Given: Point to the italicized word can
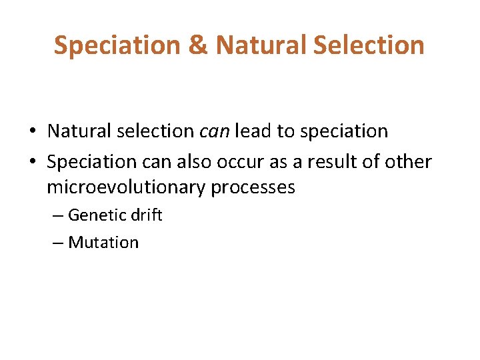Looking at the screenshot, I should point(213,131).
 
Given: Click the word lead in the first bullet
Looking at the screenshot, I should point(252,131).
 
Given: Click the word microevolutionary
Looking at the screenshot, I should point(126,188).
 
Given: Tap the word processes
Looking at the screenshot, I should point(253,188).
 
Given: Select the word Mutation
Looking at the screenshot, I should point(103,243).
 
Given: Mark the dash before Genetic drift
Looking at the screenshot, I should point(58,216).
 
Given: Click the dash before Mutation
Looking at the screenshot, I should point(58,243).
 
